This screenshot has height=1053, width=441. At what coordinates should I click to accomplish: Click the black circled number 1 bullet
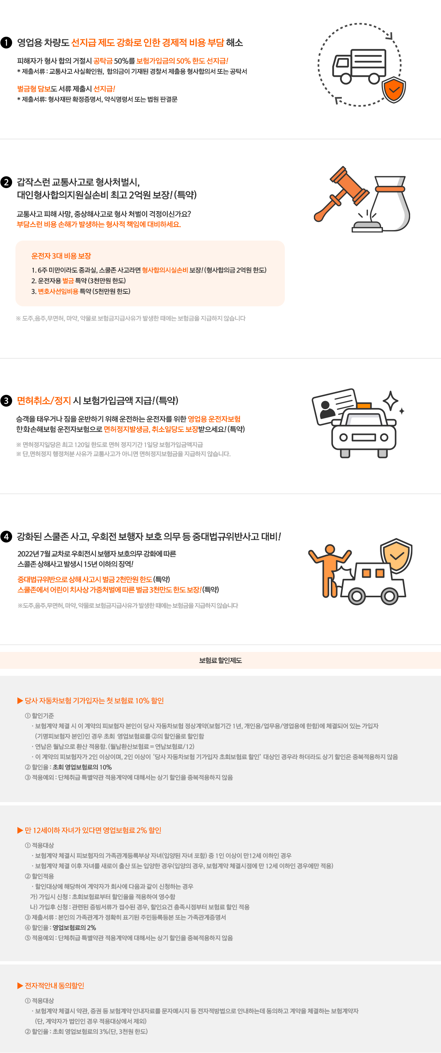pyautogui.click(x=6, y=43)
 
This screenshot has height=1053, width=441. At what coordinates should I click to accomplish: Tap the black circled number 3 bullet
pyautogui.click(x=6, y=401)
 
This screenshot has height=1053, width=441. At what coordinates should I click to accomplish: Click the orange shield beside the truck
pyautogui.click(x=394, y=90)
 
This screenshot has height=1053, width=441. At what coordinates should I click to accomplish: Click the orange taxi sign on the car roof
pyautogui.click(x=364, y=405)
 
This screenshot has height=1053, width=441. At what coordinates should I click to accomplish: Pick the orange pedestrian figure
pyautogui.click(x=329, y=571)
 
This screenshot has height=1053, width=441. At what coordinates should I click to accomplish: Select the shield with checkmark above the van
pyautogui.click(x=396, y=556)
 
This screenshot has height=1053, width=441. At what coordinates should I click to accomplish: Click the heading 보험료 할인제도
pyautogui.click(x=220, y=660)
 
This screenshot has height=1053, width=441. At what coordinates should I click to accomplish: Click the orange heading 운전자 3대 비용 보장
pyautogui.click(x=61, y=256)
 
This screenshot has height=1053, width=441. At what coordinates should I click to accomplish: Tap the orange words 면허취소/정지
pyautogui.click(x=44, y=401)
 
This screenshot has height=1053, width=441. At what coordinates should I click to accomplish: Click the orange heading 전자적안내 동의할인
pyautogui.click(x=54, y=985)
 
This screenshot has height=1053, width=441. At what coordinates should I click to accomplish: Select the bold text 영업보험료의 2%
pyautogui.click(x=75, y=927)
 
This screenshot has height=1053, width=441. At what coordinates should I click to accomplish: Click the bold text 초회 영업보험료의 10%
pyautogui.click(x=82, y=767)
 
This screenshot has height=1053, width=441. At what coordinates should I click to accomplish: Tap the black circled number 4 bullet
pyautogui.click(x=6, y=536)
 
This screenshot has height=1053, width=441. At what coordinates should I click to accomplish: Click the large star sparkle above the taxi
pyautogui.click(x=391, y=401)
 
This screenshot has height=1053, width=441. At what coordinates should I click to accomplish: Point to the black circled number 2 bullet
pyautogui.click(x=6, y=182)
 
